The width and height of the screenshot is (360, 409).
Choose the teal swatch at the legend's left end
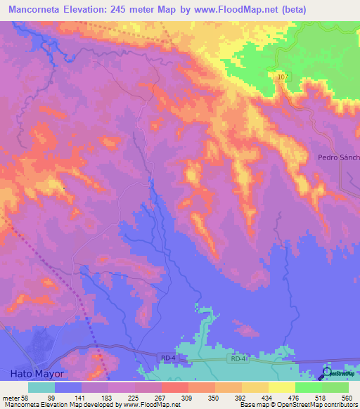(x=41, y=387)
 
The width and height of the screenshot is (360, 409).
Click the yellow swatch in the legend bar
(x=281, y=387)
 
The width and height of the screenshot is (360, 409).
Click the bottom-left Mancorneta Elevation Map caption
(x=42, y=405)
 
